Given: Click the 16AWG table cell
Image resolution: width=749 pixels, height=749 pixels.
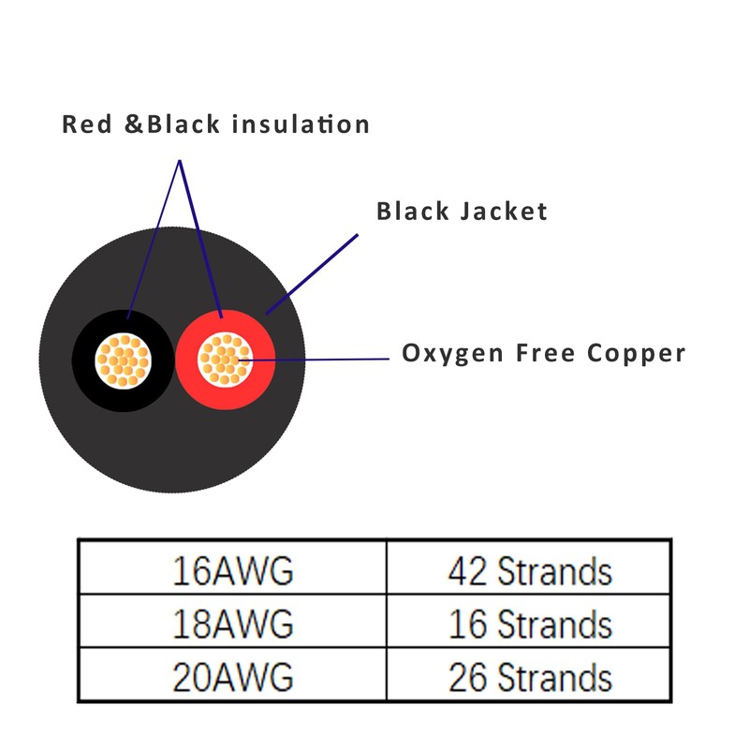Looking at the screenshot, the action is click(x=232, y=569).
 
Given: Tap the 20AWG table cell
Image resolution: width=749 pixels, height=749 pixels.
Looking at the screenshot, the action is click(x=232, y=675).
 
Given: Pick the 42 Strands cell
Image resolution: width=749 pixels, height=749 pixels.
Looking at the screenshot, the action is click(x=530, y=569).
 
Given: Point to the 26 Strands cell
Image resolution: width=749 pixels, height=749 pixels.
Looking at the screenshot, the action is click(x=530, y=675).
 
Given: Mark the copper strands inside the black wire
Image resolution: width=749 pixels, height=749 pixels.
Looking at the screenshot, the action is click(x=123, y=360).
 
